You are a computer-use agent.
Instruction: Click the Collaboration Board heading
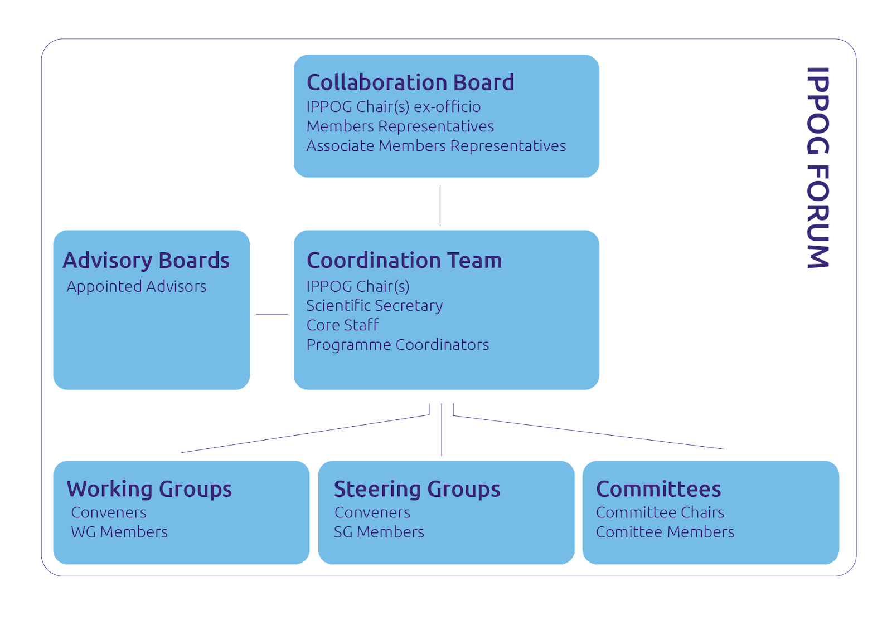[x=410, y=82]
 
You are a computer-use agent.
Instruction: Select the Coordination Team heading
[x=404, y=260]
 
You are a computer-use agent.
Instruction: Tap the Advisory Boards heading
[x=146, y=260]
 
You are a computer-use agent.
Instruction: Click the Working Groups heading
[x=149, y=489]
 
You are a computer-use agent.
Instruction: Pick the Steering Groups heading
[x=417, y=489]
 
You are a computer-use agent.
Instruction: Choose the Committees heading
[x=658, y=489]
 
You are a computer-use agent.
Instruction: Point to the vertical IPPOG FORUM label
[x=818, y=168]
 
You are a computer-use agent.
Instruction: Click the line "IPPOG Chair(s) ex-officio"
[x=394, y=106]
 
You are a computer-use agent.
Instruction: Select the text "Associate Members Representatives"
[x=436, y=146]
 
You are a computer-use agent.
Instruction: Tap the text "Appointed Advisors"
[x=137, y=286]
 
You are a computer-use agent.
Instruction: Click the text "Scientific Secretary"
[x=374, y=306]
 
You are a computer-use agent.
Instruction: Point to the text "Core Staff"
[x=342, y=325]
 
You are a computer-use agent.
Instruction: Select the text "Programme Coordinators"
[x=398, y=345]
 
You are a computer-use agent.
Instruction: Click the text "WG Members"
[x=119, y=532]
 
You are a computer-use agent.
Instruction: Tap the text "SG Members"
[x=379, y=532]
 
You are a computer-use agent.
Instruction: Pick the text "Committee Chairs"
[x=660, y=512]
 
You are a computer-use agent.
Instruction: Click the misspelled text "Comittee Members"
[x=665, y=532]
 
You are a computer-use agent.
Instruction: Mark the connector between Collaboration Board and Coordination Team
[x=440, y=206]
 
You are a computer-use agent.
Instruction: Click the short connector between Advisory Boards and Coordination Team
[x=272, y=314]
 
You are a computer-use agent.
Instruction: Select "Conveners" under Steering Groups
[x=372, y=512]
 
